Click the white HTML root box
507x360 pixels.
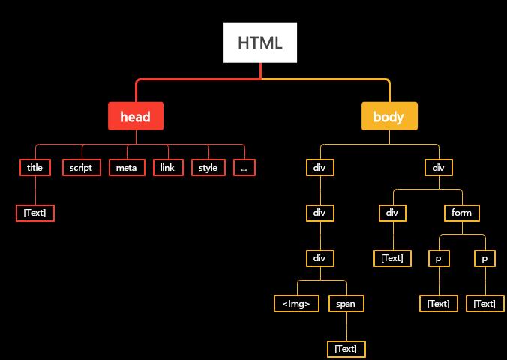(x=260, y=43)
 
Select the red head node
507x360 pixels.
(x=135, y=116)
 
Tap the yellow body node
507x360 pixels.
(x=388, y=116)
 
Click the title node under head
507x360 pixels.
(x=34, y=168)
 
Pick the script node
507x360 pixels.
(x=81, y=168)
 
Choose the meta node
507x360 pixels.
(x=126, y=168)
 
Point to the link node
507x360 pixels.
(x=167, y=168)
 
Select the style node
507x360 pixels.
(x=208, y=168)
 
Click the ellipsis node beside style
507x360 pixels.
(x=244, y=168)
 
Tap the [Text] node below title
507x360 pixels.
(x=35, y=213)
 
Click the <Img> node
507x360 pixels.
(x=297, y=303)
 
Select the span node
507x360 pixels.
(x=346, y=303)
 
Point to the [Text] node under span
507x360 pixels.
(x=346, y=348)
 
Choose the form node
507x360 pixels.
(x=461, y=213)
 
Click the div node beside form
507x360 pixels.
(x=391, y=213)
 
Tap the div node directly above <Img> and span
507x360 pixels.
(x=320, y=258)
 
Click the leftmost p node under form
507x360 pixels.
(x=439, y=258)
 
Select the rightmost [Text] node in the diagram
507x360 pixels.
(x=484, y=303)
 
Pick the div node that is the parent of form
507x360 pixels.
(x=438, y=168)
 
